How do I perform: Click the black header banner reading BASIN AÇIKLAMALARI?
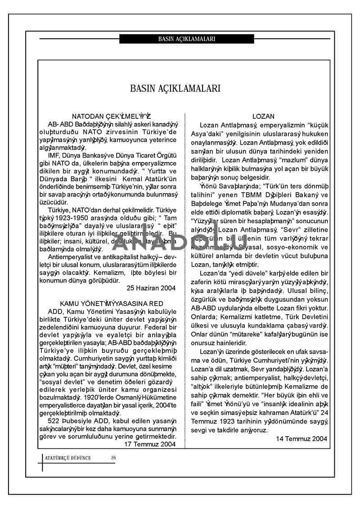[187, 39]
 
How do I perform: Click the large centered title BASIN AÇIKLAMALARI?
[175, 88]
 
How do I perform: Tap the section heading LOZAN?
[263, 116]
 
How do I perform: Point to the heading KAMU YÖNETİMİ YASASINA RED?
[112, 304]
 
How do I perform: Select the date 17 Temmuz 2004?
[150, 444]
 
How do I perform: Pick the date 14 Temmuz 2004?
[301, 438]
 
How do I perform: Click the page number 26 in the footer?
[113, 458]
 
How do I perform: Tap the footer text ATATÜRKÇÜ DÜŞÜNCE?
[68, 458]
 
